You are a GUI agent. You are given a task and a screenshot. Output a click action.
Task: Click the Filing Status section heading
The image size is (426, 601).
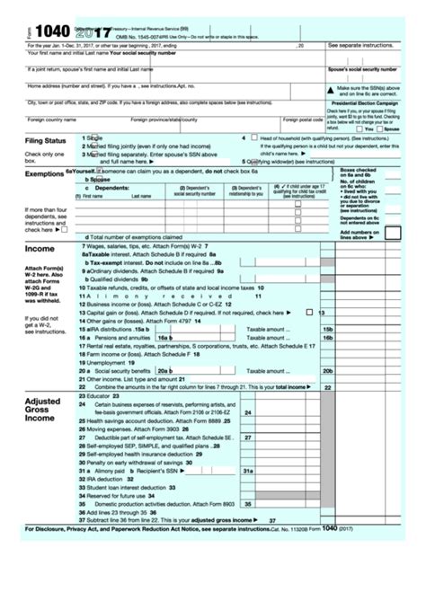tap(45, 141)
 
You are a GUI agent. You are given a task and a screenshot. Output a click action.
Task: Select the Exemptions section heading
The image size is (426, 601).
tap(44, 173)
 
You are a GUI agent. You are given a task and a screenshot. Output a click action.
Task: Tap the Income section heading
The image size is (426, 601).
tap(40, 249)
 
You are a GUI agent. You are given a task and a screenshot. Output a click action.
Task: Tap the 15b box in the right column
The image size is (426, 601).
tap(327, 329)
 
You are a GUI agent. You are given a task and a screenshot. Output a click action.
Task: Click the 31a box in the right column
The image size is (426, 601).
tap(248, 471)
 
